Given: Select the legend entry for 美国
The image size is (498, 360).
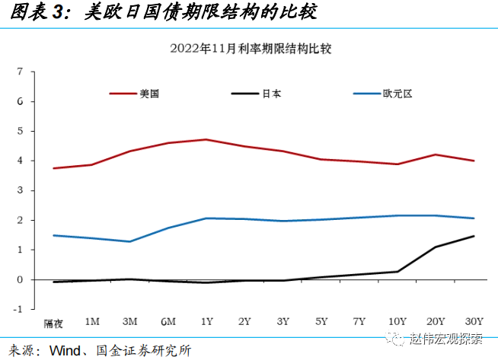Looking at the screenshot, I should (148, 94).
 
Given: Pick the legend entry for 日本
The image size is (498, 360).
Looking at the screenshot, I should (271, 94).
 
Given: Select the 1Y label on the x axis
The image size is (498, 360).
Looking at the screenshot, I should (206, 321).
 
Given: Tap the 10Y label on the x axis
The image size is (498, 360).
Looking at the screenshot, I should (397, 321).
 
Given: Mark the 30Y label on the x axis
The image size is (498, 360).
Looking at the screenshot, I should (474, 321).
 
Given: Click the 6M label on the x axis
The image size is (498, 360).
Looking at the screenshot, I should (168, 321).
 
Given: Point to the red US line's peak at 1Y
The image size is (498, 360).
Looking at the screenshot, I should (206, 139).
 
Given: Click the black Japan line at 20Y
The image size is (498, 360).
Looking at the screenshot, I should (436, 247).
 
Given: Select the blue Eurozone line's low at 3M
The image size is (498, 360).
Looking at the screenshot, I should (129, 241).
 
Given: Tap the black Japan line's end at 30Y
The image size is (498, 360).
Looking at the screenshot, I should (474, 236).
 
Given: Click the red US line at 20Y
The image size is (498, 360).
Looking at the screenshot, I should (436, 155).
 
